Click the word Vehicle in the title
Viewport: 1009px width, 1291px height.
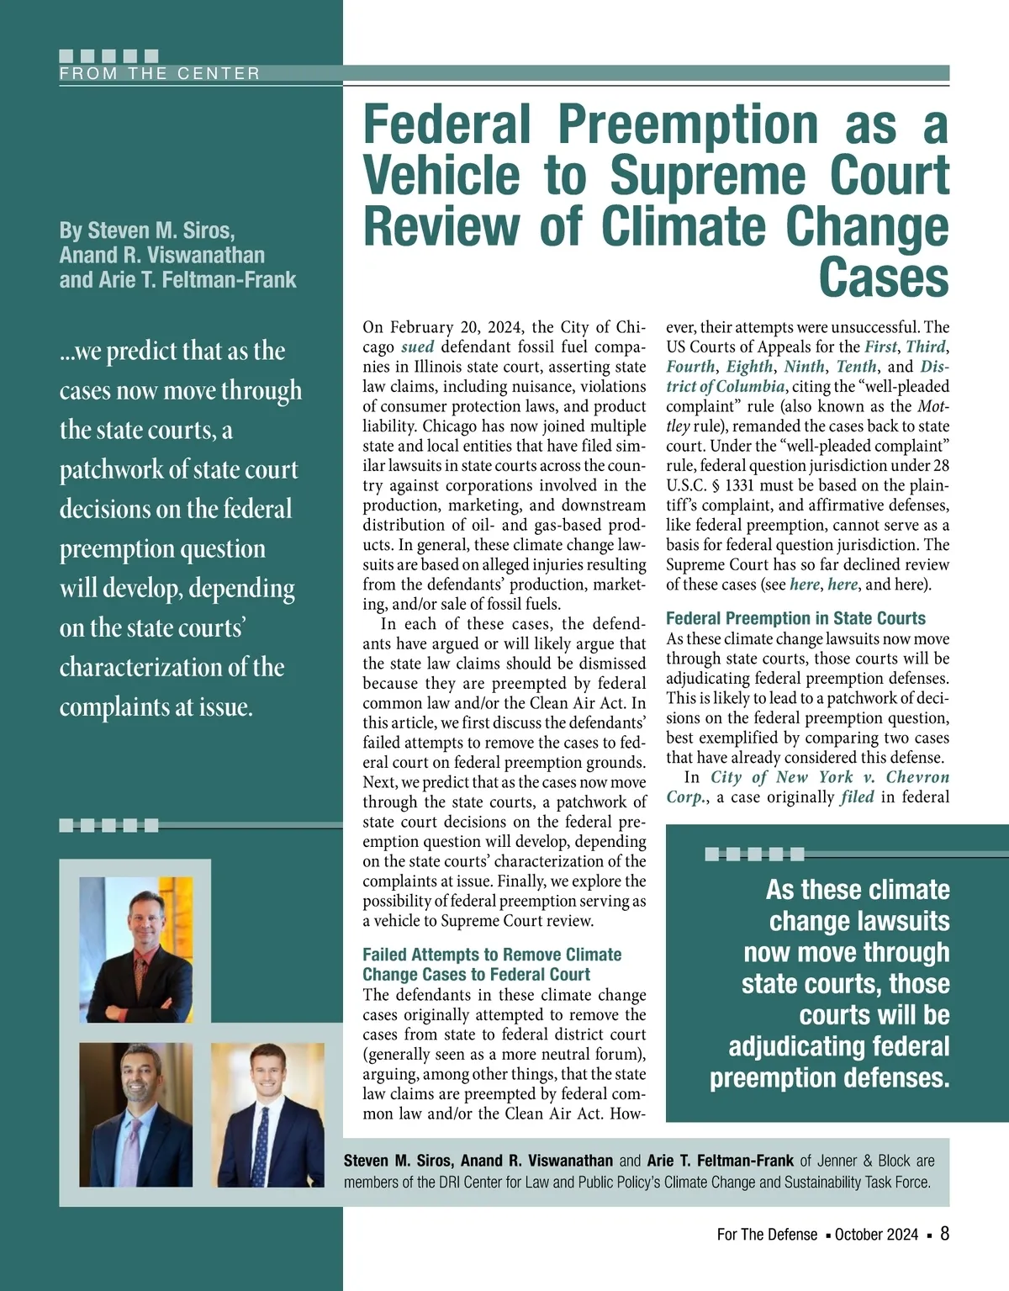441,176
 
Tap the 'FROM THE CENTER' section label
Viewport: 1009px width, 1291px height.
160,74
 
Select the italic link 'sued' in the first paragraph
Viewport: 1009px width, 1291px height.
417,347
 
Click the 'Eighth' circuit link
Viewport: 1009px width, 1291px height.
749,367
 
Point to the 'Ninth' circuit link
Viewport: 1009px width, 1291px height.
804,367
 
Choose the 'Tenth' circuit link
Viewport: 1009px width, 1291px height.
856,367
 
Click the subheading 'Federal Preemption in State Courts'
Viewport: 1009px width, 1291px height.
795,618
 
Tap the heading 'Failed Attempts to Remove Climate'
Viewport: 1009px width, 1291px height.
492,955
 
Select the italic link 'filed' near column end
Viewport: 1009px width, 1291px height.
857,797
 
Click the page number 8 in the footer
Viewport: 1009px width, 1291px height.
944,1234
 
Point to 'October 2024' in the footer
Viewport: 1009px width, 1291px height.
876,1235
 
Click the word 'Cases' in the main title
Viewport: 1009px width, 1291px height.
883,278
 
